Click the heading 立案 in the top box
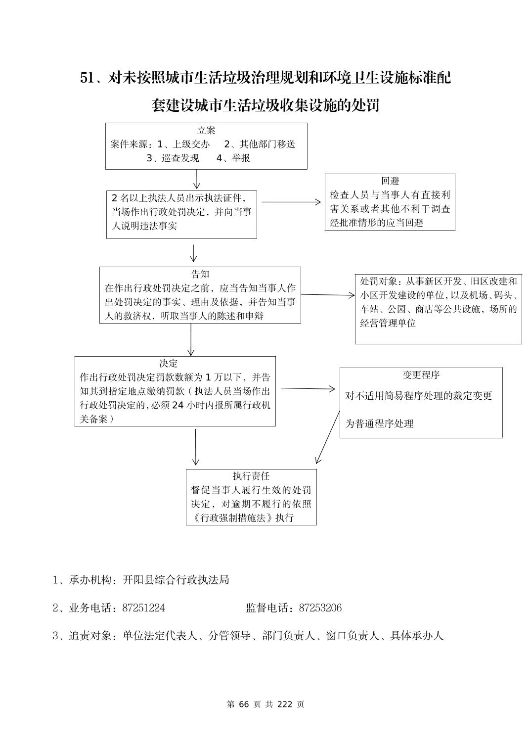206,131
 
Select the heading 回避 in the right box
390,181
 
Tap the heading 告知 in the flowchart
200,274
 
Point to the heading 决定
168,363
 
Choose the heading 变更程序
421,375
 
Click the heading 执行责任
251,476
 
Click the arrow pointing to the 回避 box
291,202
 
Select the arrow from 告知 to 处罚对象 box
327,295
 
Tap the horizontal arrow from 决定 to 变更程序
308,388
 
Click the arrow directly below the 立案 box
197,179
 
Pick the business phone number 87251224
143,608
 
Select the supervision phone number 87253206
320,608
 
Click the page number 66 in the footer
244,704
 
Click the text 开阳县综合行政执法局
176,580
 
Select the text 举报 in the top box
241,158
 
